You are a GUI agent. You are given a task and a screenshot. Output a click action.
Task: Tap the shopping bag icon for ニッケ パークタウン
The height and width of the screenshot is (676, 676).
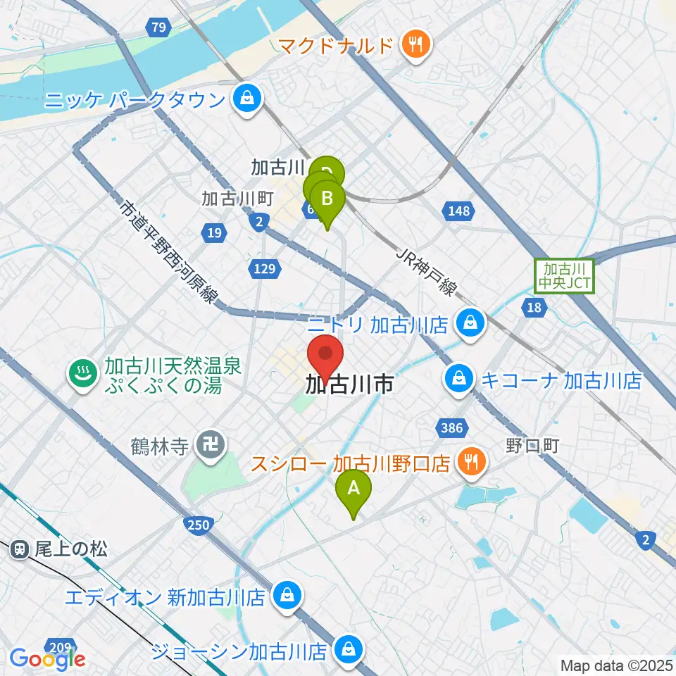click(x=247, y=99)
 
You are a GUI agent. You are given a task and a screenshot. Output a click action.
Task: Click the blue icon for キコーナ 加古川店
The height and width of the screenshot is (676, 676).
click(x=458, y=381)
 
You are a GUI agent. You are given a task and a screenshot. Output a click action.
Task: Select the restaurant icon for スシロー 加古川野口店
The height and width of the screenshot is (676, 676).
click(x=470, y=463)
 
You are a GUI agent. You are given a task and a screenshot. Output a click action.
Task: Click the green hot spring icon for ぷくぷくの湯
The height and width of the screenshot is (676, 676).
click(x=83, y=373)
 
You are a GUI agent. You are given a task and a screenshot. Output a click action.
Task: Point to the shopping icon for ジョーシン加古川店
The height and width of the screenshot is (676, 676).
click(x=348, y=648)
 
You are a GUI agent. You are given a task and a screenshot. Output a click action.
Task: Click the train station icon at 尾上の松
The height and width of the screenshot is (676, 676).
click(x=20, y=549)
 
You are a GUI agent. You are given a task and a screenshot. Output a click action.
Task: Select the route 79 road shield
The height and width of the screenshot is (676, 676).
click(x=158, y=28)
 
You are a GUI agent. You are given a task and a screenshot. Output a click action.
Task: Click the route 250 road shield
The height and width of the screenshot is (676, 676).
click(x=199, y=524)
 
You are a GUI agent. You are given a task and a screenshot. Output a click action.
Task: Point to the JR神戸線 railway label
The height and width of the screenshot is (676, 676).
click(x=428, y=270)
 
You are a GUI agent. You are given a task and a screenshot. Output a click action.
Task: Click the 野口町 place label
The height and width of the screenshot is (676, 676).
click(x=532, y=446)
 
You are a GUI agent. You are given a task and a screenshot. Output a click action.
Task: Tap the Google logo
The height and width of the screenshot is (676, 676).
click(x=47, y=658)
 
